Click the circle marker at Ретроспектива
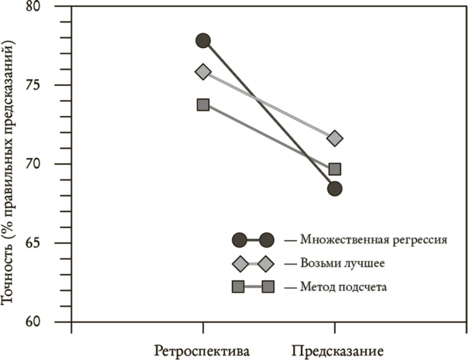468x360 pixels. (x=203, y=40)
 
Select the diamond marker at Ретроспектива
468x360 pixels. (x=203, y=72)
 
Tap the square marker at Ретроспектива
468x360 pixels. (x=203, y=104)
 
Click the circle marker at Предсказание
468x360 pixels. (x=335, y=189)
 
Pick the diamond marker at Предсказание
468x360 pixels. (x=335, y=139)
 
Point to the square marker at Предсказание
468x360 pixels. (x=335, y=169)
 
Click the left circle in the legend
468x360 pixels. (x=239, y=240)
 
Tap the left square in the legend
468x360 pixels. (x=239, y=287)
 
